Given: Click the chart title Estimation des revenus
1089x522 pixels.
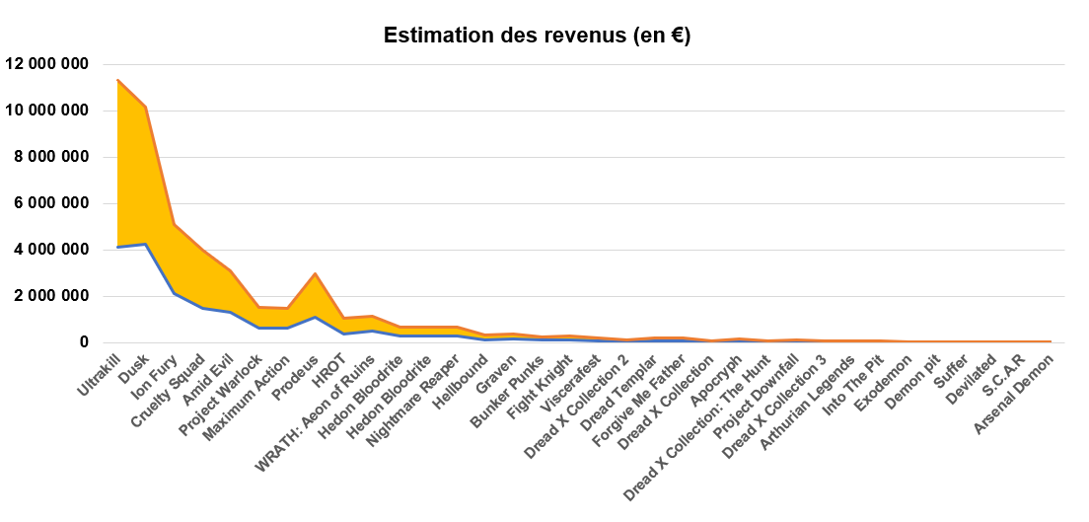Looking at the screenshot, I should pyautogui.click(x=537, y=37).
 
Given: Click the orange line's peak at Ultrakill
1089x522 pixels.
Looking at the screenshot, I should pyautogui.click(x=118, y=80).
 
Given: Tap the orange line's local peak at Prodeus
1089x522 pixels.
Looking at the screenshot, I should pyautogui.click(x=315, y=273).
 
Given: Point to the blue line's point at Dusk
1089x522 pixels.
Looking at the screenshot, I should pyautogui.click(x=146, y=244).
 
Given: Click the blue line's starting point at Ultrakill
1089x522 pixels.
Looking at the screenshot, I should pyautogui.click(x=118, y=247).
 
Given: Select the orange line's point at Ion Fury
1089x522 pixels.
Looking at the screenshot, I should pyautogui.click(x=175, y=224).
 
